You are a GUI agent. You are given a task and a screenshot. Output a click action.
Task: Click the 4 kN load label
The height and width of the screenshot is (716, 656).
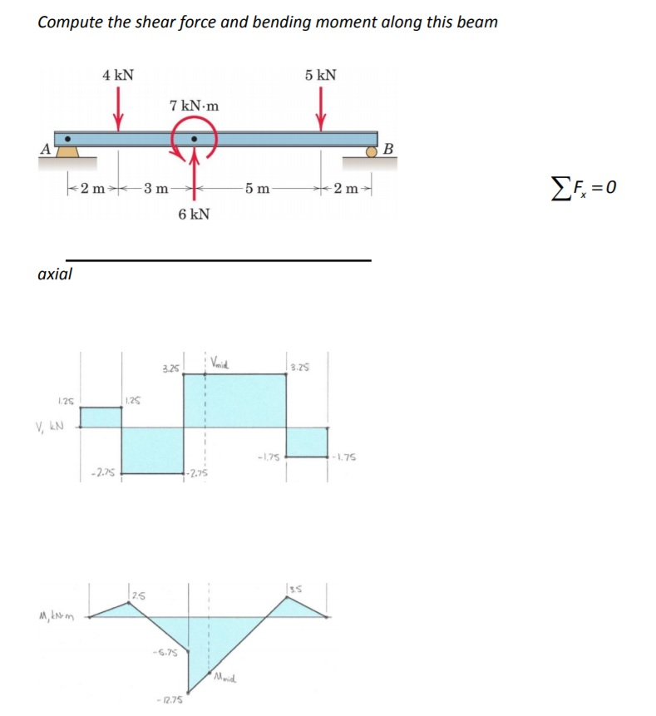pyautogui.click(x=117, y=75)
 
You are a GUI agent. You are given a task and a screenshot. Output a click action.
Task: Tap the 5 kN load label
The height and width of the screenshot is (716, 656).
pyautogui.click(x=320, y=75)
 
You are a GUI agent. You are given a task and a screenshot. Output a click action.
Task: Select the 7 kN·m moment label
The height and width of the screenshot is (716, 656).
pyautogui.click(x=194, y=106)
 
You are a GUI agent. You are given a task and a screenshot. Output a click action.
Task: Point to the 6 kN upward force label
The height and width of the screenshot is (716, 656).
pyautogui.click(x=194, y=215)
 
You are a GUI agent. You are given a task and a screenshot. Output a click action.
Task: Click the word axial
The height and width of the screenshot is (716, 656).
pyautogui.click(x=55, y=273)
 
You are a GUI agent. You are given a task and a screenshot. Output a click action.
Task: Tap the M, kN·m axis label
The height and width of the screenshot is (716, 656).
pyautogui.click(x=52, y=617)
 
